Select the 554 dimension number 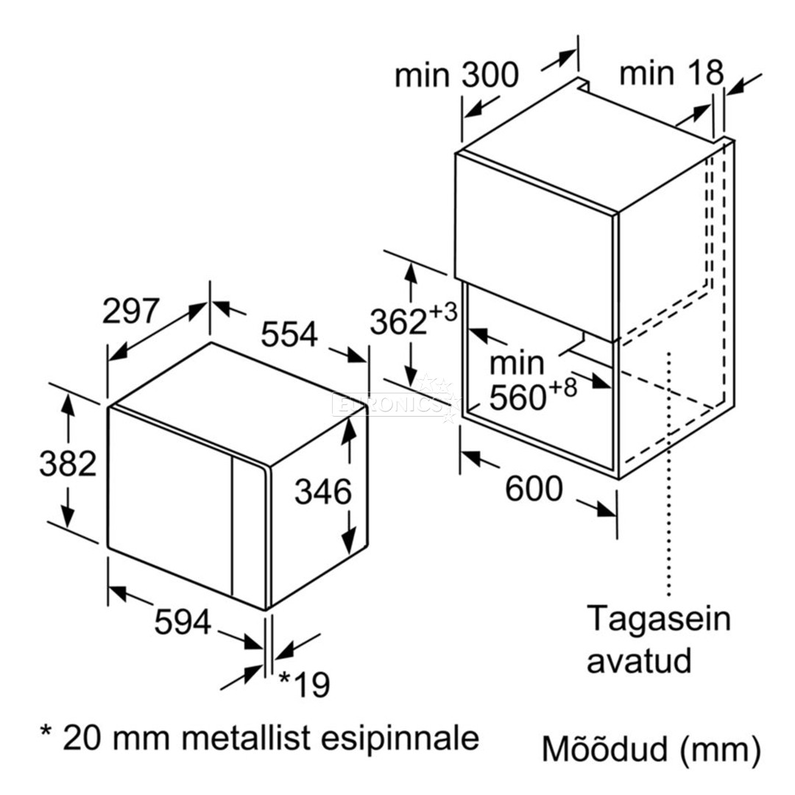point(289,334)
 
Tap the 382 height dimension point(68,464)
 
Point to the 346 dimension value point(323,492)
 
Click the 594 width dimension point(183,622)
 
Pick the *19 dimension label point(305,685)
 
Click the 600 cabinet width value point(534,489)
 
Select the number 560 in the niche point(517,397)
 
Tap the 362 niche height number point(398,322)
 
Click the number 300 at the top point(490,75)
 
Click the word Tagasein point(659,619)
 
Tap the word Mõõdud point(604,749)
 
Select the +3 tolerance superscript point(443,312)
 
